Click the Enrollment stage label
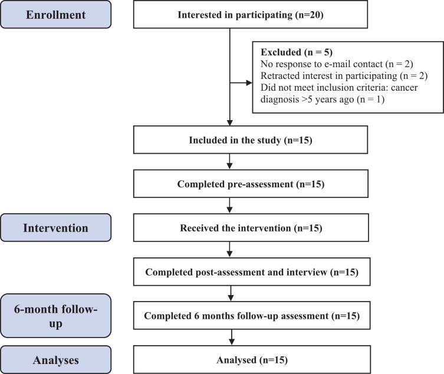pos(56,14)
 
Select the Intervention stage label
pos(56,228)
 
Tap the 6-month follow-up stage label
pos(56,316)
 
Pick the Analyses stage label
pos(56,360)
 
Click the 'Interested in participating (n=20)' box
pos(251,14)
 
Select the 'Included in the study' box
pos(251,140)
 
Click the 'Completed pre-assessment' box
pos(251,184)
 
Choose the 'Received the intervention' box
pos(251,228)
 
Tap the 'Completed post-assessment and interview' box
pos(252,272)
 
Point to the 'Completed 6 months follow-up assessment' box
pos(252,316)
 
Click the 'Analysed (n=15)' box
pos(252,360)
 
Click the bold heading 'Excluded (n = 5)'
pos(297,52)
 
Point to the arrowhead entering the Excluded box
pos(249,83)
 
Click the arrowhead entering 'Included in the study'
pos(229,123)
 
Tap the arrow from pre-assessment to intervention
pos(229,206)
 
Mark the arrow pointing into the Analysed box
pos(232,337)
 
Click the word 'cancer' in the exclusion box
pos(404,88)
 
